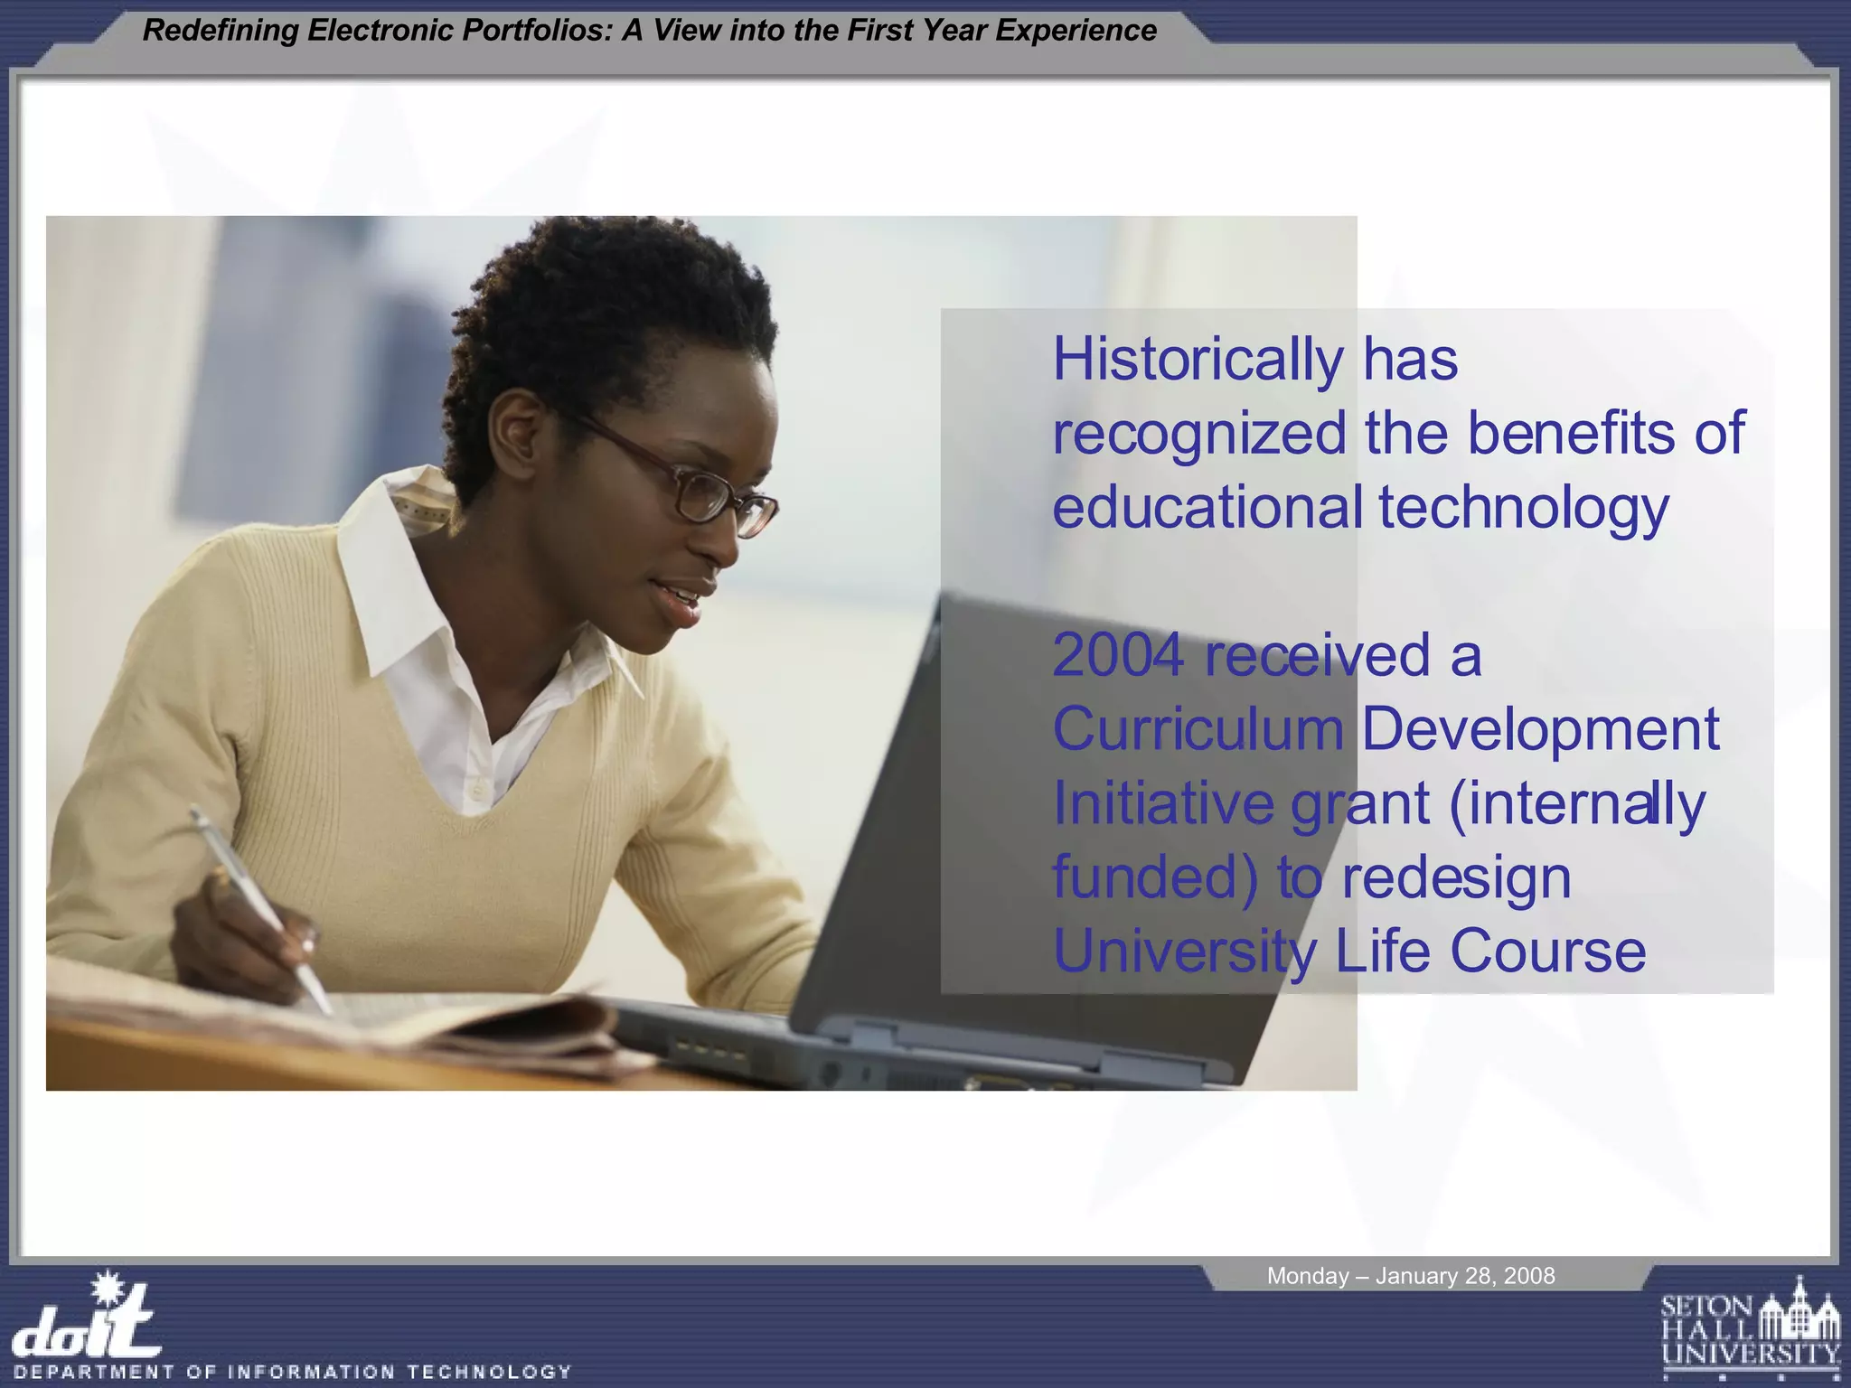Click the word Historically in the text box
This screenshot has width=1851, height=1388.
pos(1198,361)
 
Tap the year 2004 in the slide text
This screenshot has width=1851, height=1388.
pos(1118,655)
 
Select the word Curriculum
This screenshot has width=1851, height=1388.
pos(1198,729)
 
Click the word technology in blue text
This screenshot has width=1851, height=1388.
pos(1524,508)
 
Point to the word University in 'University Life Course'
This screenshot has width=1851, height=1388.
pos(1185,952)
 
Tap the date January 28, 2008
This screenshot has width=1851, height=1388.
pos(1464,1276)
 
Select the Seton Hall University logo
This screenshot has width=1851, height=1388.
pos(1750,1329)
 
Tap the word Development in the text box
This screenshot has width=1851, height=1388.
pos(1539,729)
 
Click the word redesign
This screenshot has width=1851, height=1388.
pos(1456,877)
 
